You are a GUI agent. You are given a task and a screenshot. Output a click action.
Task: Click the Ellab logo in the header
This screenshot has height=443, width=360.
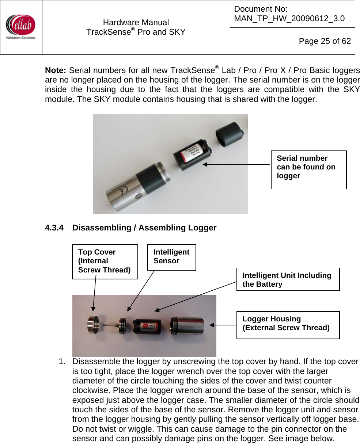(x=21, y=27)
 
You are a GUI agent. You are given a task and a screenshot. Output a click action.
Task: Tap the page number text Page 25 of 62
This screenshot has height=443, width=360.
(x=325, y=41)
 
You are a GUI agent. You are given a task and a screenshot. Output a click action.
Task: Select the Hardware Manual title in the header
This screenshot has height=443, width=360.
(x=136, y=23)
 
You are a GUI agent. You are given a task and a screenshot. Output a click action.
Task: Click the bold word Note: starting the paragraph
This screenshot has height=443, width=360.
(x=56, y=70)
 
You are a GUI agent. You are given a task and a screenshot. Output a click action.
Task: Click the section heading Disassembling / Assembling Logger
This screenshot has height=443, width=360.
(x=144, y=228)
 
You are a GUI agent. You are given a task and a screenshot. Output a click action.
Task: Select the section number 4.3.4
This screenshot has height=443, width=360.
(x=54, y=228)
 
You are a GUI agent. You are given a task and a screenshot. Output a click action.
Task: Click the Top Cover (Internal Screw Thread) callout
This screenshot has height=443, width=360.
(x=105, y=261)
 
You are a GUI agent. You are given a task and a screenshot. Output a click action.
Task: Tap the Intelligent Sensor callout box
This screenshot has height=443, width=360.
(x=171, y=257)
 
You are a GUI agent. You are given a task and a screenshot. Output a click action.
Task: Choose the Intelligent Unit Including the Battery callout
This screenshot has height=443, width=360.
(x=288, y=280)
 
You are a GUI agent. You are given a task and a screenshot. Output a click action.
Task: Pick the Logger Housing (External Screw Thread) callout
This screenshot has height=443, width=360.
(x=288, y=324)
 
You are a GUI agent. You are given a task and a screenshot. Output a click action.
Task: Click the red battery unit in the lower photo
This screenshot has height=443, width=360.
(x=147, y=326)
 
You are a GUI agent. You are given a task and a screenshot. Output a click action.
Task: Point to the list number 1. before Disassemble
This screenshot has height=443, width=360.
(x=62, y=362)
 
